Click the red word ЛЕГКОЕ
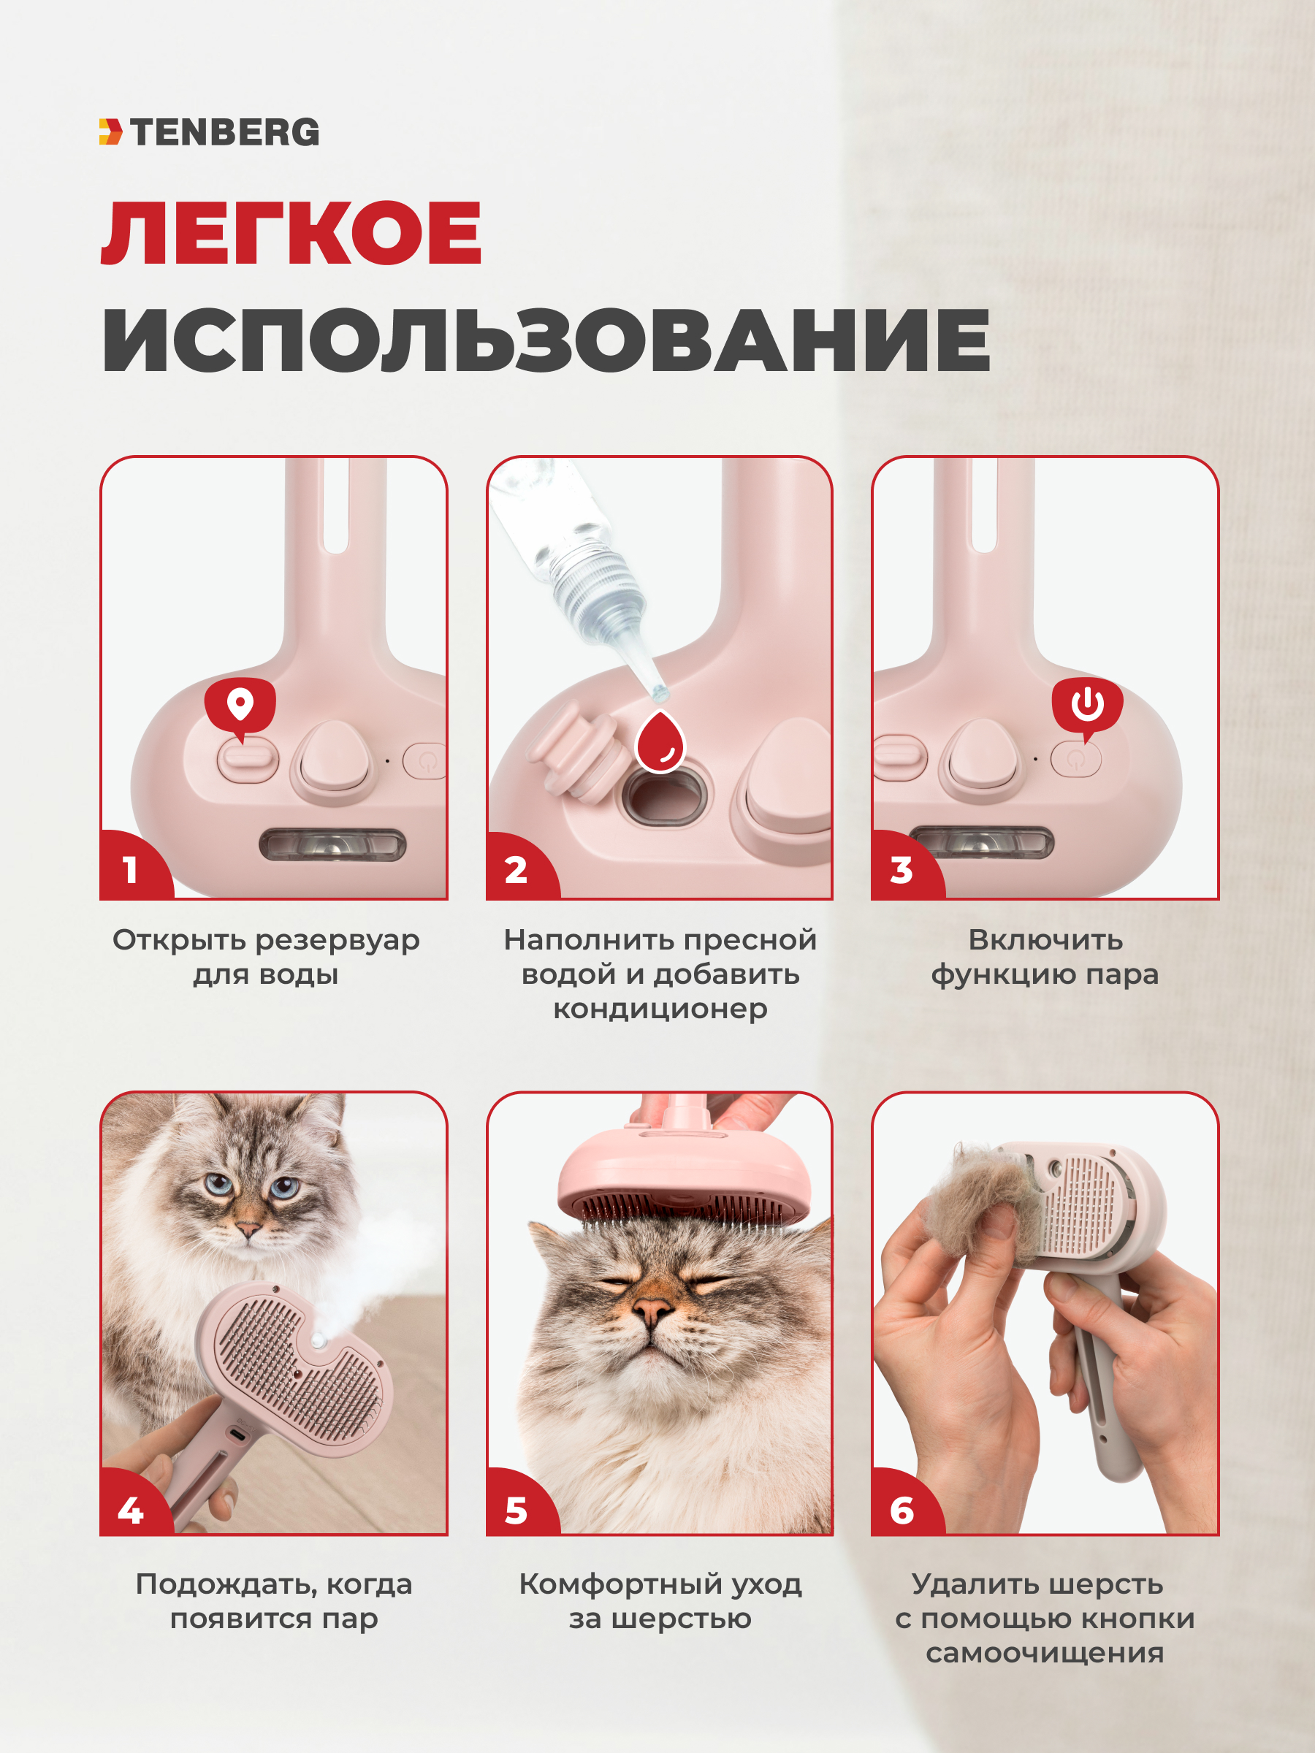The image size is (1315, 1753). point(291,234)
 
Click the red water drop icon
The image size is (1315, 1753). point(660,742)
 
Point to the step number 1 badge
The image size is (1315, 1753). point(131,869)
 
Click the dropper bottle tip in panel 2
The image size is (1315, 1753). point(658,692)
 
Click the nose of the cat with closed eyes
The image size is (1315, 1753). point(652,1310)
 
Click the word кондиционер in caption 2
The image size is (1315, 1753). point(660,1009)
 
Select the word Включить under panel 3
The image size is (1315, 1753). point(1045,940)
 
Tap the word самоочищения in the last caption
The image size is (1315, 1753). point(1045,1653)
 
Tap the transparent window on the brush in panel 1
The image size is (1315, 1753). point(333,845)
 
